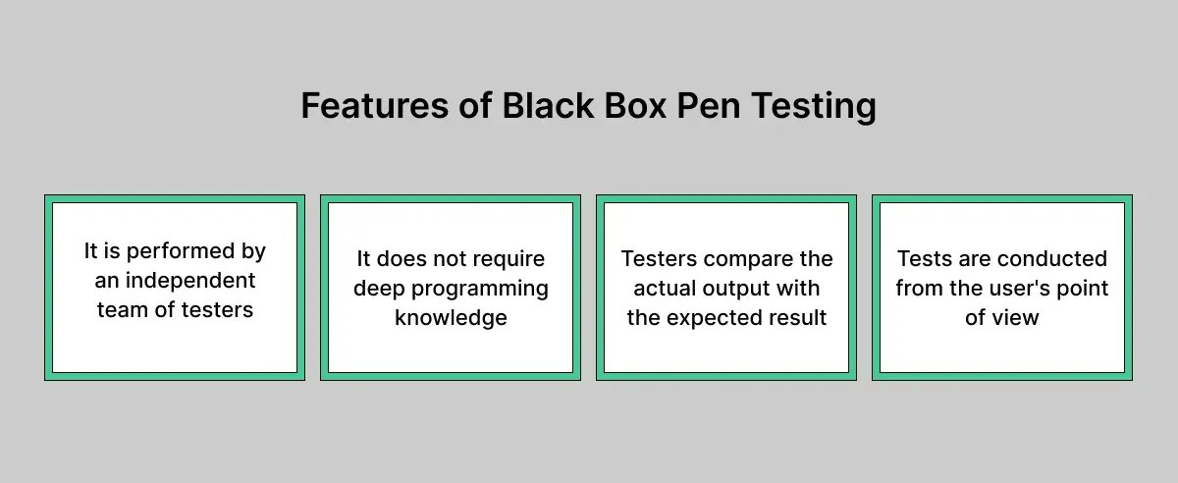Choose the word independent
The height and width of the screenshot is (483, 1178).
(x=188, y=281)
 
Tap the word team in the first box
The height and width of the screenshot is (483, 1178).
(x=119, y=310)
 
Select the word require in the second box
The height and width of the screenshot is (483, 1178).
(x=509, y=259)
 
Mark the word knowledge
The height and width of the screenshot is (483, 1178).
(x=451, y=318)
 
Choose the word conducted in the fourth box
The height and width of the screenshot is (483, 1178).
(x=1052, y=259)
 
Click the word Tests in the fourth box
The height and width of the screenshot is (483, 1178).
(x=924, y=259)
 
